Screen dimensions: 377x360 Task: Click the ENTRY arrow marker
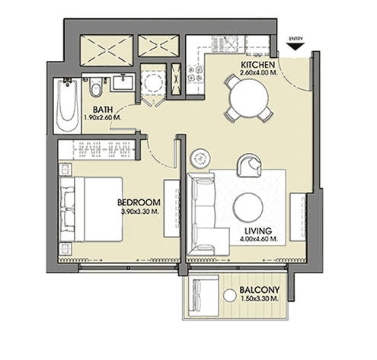296,46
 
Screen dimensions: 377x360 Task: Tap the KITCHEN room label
257,65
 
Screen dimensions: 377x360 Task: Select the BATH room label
103,110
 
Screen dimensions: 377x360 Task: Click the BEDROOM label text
139,202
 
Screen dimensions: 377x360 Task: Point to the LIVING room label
258,231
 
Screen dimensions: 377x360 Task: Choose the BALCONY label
260,290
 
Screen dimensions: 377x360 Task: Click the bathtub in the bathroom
67,106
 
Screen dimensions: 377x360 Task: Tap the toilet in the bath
96,87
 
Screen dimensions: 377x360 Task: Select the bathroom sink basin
123,82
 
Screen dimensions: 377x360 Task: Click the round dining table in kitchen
249,98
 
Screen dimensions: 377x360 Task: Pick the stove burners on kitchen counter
195,74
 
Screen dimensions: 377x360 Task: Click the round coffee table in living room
248,207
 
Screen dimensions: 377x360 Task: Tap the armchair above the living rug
249,165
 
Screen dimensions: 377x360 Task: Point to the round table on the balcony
230,295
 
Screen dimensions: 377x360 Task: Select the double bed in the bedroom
91,209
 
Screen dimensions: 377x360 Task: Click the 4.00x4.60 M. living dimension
258,239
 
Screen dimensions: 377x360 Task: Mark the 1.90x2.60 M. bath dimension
103,118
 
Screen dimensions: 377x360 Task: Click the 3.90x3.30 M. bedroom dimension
140,212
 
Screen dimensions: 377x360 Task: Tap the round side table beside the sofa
200,158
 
